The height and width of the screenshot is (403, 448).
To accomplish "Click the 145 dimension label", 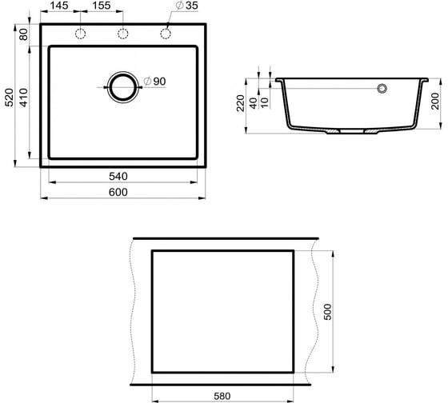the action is tap(59, 6).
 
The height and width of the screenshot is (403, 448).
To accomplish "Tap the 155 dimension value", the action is tap(102, 6).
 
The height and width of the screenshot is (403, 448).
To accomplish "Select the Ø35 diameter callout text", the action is tap(187, 6).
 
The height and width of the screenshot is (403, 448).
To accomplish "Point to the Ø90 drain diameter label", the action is tap(154, 82).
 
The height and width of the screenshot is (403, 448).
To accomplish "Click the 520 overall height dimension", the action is tap(10, 98).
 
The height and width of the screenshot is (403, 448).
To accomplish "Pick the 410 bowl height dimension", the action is tap(24, 98).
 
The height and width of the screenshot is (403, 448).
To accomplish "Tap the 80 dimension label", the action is tap(24, 34).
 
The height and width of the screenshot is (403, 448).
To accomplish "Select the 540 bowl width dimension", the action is tap(118, 176).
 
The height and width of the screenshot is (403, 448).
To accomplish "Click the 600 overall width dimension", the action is tap(118, 192).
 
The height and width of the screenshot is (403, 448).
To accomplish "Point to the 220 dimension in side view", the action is tap(241, 103).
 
